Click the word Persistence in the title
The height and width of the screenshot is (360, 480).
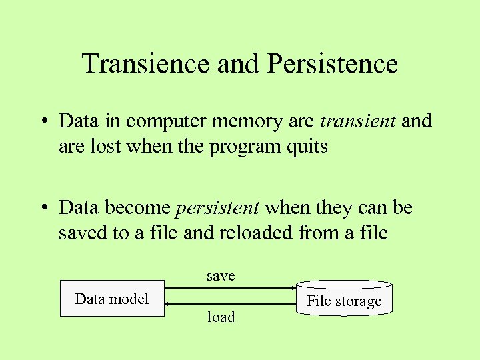pos(332,64)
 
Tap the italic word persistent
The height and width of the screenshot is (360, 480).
pos(217,208)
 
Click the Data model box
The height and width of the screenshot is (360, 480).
pos(112,299)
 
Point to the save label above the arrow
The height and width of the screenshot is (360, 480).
pos(221,276)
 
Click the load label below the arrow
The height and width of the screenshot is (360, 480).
pos(221,317)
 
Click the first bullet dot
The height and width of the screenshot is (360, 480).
pos(42,122)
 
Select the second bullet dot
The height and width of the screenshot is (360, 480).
pos(42,209)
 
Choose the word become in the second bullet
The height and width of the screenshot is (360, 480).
pos(139,208)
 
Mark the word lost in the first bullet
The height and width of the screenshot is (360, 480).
pos(101,147)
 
